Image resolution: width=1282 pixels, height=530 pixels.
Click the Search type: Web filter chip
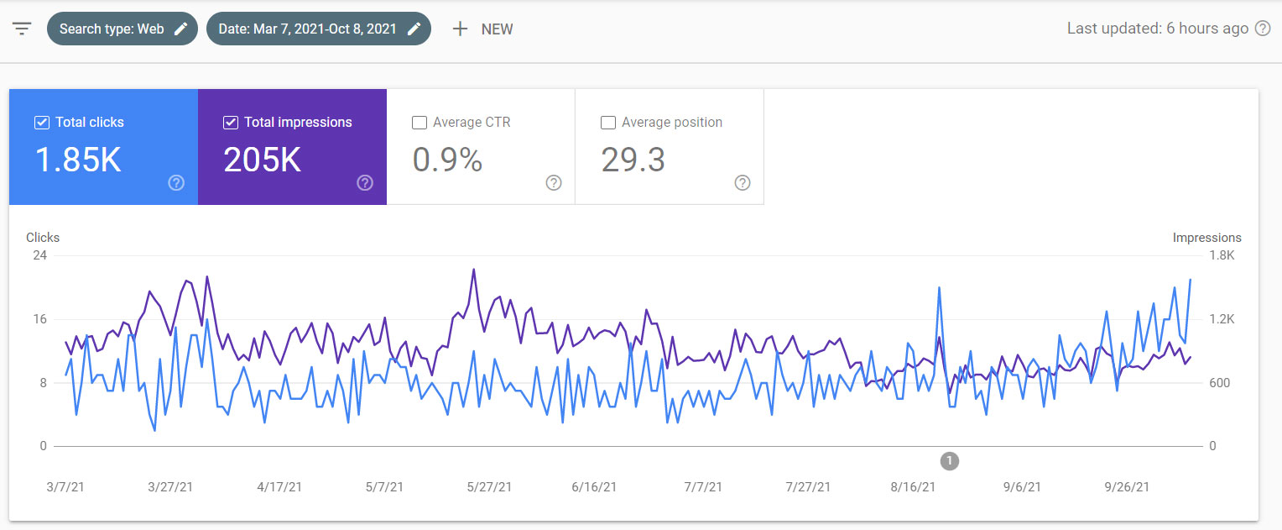122,29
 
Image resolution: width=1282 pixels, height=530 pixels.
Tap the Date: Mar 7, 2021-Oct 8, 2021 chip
318,29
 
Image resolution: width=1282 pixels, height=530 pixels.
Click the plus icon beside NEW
460,29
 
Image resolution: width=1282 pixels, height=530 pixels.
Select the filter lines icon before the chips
22,29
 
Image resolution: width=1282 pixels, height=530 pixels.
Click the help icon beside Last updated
1262,29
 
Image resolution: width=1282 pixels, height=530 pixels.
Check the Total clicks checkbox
42,123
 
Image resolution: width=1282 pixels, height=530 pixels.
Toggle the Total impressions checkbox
230,123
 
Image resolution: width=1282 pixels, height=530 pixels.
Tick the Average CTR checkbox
419,123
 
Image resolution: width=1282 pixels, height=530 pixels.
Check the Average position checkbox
607,123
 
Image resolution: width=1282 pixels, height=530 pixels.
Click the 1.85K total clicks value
78,160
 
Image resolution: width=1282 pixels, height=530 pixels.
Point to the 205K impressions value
262,160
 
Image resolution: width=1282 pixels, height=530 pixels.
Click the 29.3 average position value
633,160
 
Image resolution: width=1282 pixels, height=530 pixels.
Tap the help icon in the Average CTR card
554,183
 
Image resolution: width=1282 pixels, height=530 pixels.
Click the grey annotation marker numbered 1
950,460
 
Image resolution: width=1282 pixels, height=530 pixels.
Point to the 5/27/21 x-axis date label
489,487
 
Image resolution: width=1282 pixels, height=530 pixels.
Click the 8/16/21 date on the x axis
913,487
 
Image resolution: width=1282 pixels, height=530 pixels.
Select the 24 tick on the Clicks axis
39,255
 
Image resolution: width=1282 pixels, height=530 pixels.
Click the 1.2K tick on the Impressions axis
1222,319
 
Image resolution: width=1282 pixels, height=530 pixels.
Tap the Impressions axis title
1207,238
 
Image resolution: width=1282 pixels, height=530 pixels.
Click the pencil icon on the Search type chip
181,29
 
